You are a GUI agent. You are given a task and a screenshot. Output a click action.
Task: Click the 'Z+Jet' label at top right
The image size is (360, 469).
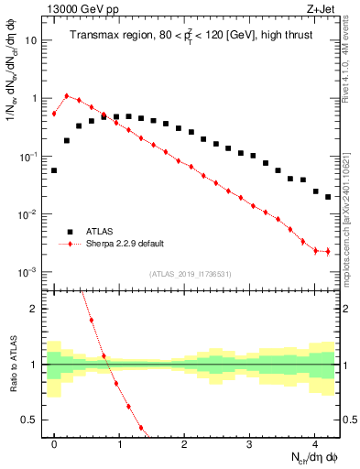(x=323, y=7)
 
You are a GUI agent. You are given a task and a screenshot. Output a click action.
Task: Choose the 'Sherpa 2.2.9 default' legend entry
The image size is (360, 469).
(x=124, y=245)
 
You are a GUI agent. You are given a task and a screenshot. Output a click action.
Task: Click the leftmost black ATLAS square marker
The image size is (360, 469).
(x=54, y=170)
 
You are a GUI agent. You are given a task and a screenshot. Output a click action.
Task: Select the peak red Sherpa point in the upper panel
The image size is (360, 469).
(x=67, y=95)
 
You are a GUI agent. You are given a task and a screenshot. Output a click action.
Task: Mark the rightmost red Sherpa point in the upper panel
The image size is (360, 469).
(x=328, y=251)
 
